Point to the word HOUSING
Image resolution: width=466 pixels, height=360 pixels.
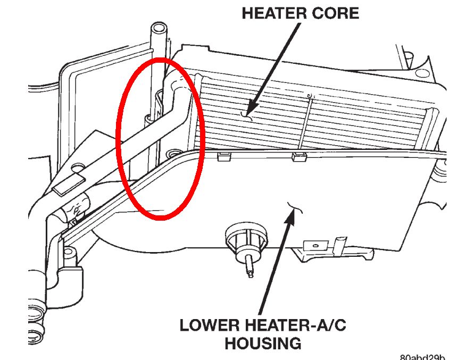(263, 343)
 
